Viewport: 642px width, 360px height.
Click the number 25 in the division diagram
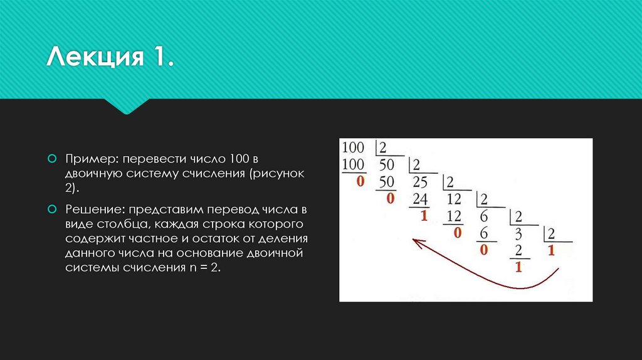click(420, 183)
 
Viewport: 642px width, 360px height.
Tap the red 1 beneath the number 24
click(424, 216)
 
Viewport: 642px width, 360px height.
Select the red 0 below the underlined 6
click(484, 250)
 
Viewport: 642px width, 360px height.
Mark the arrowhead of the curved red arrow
click(415, 241)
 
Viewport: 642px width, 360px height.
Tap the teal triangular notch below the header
click(128, 106)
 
